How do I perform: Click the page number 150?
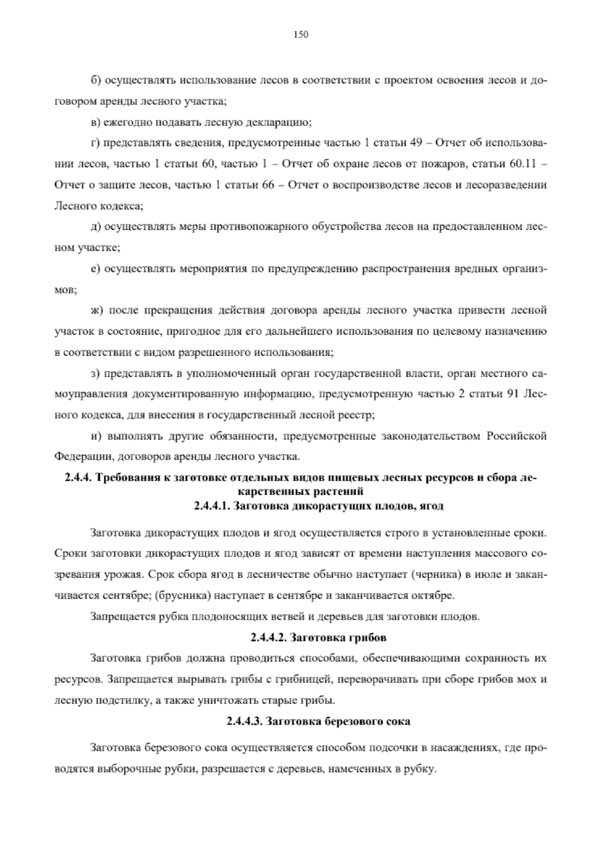(x=300, y=34)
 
